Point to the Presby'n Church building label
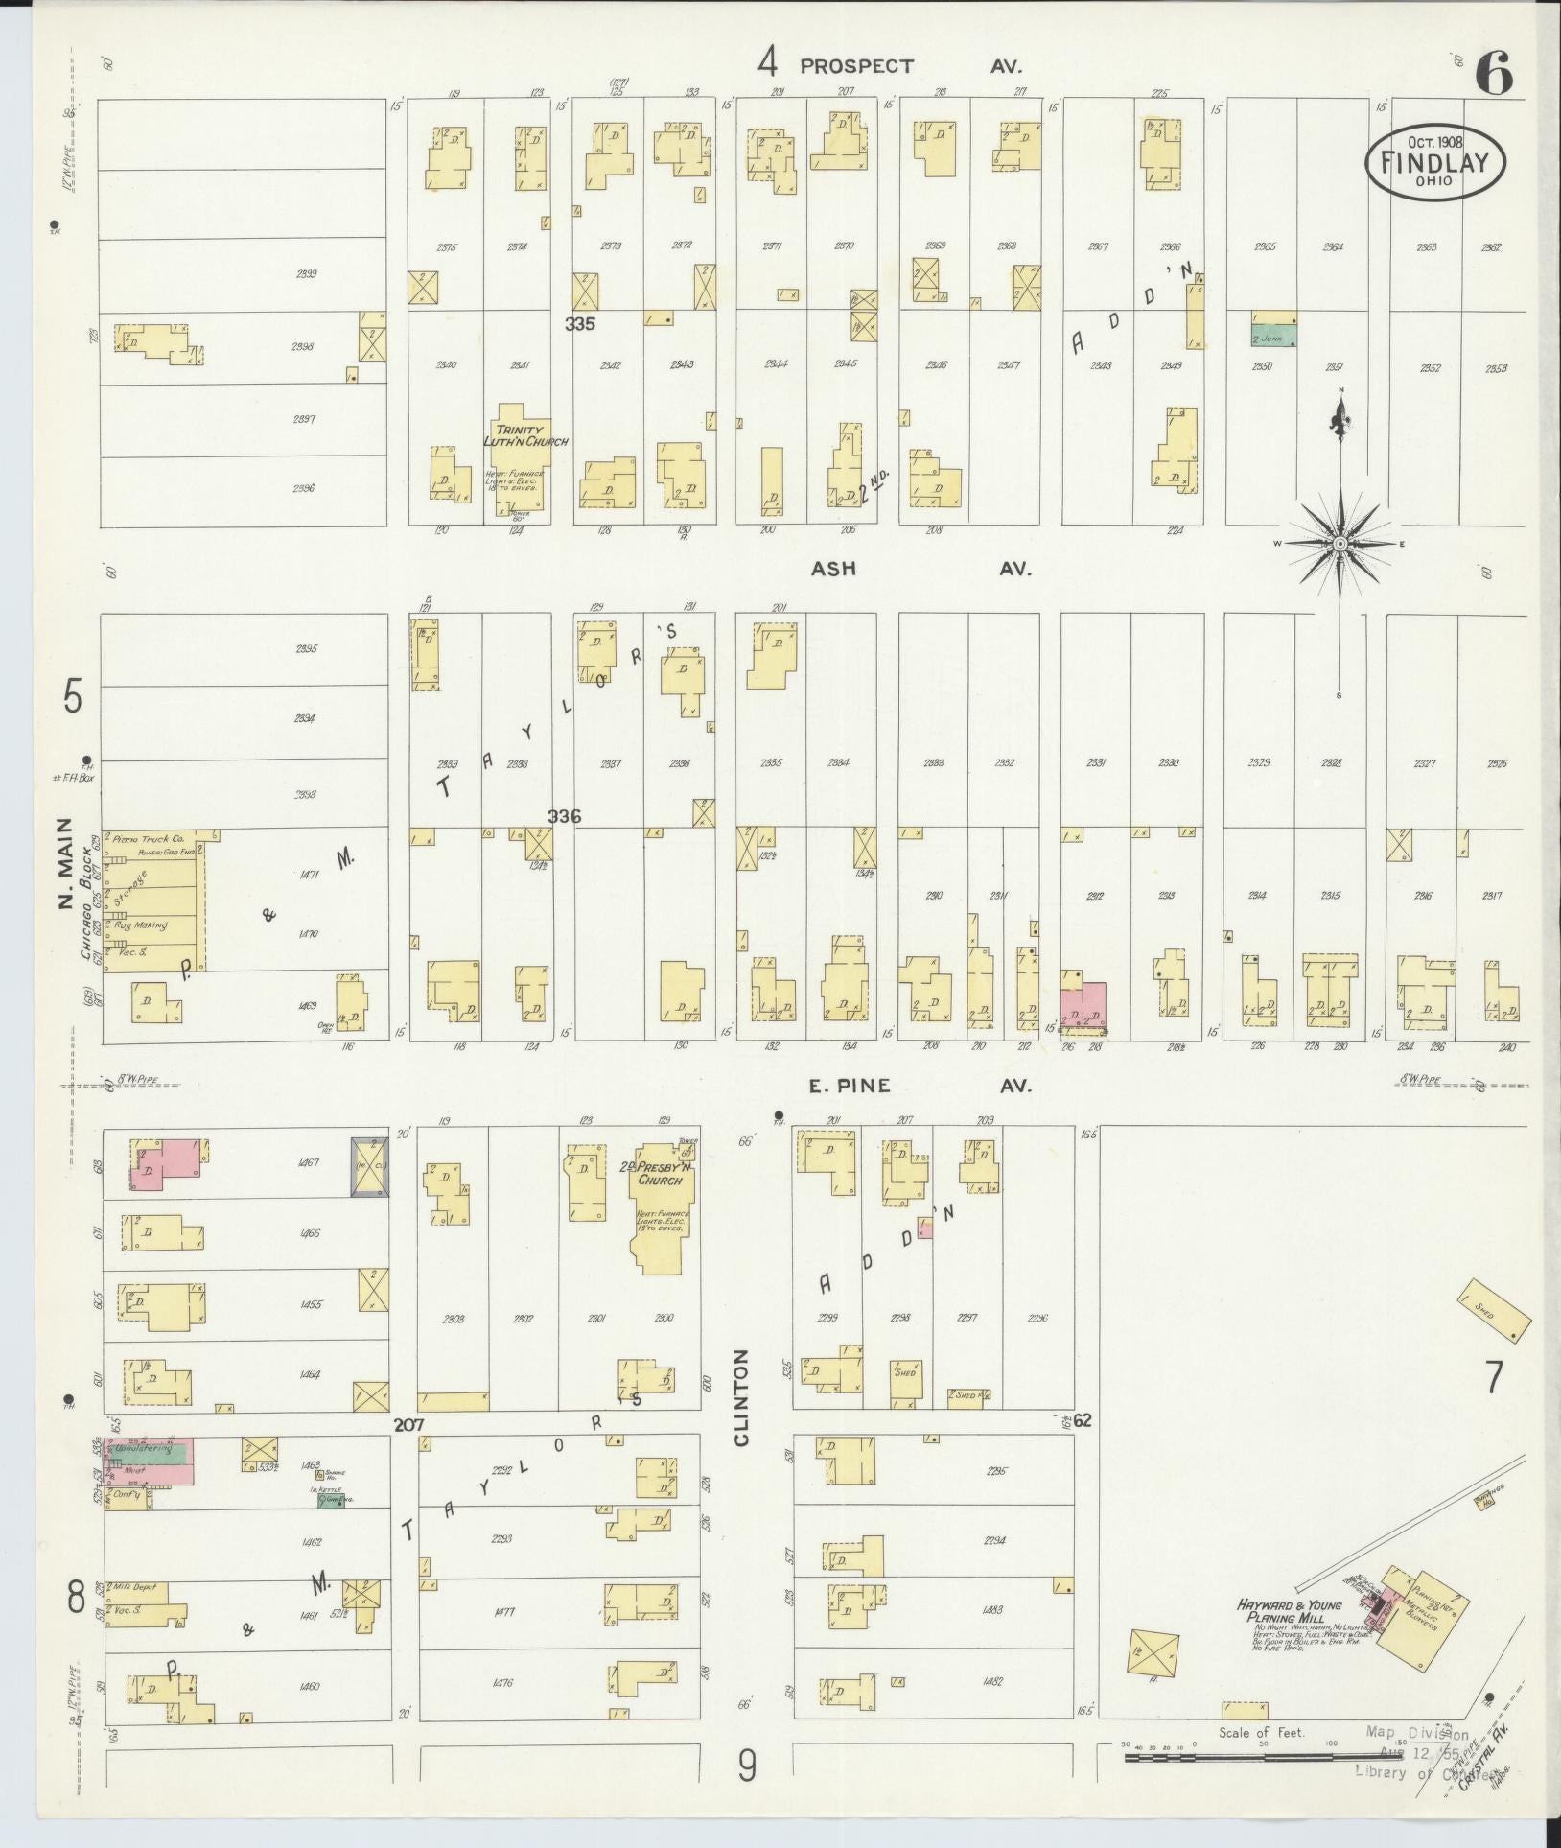coord(662,1175)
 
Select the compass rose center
coord(1340,544)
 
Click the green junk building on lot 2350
coord(1274,335)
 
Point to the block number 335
coord(579,324)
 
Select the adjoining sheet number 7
coord(1493,1378)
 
